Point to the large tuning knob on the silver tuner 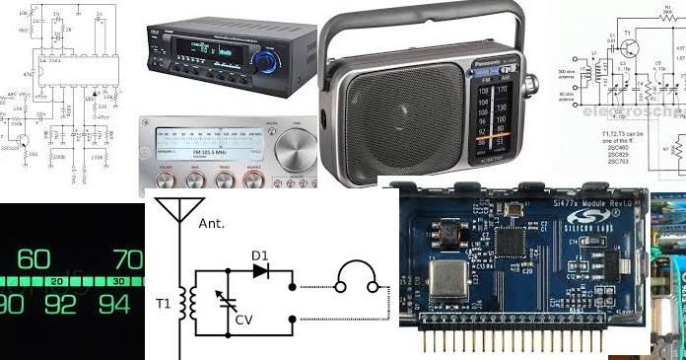297,154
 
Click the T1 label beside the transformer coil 164,304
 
